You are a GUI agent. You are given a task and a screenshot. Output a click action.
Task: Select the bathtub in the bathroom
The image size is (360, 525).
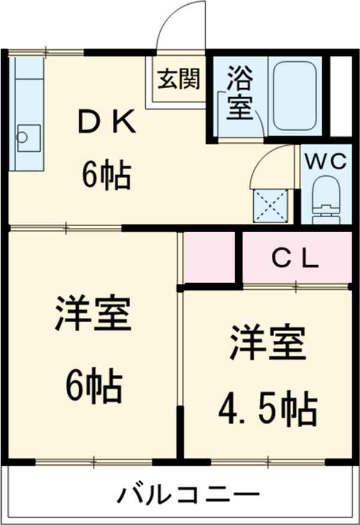coord(295,95)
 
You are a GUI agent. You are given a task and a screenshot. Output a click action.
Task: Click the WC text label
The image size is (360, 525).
coord(325,161)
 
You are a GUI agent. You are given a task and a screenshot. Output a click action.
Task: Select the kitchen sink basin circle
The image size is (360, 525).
coord(22,136)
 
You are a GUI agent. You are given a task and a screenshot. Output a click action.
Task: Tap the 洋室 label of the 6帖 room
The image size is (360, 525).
coord(93,313)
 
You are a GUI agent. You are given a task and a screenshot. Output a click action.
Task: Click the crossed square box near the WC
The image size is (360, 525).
coord(272,204)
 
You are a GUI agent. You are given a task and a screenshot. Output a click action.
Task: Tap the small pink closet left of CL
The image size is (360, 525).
coord(209,257)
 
